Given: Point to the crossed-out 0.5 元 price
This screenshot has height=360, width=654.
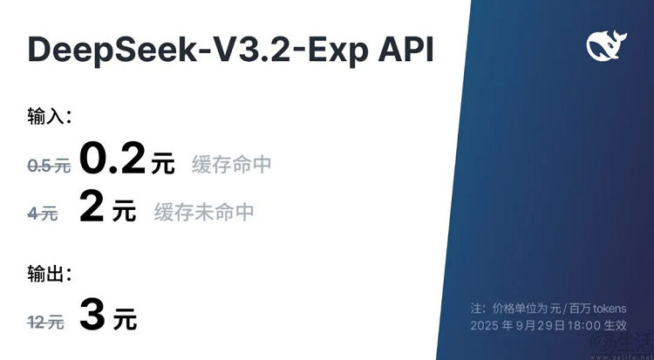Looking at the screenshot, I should click(x=48, y=166).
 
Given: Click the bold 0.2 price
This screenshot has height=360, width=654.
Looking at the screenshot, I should click(x=113, y=160).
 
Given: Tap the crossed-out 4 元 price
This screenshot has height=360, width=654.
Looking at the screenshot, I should click(x=44, y=212).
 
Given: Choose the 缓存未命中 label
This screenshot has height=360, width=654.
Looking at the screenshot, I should click(x=204, y=212).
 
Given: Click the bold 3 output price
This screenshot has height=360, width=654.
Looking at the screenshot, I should click(x=92, y=316).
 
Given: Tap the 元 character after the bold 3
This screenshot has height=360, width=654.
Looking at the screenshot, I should click(x=125, y=319).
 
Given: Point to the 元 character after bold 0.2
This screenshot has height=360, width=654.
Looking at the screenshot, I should click(x=163, y=164).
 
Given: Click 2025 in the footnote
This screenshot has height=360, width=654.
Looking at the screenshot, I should click(x=486, y=325).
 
